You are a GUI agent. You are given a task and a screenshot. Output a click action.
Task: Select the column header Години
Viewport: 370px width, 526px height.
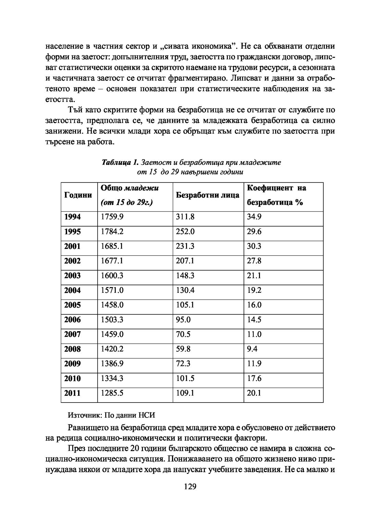pyautogui.click(x=78, y=195)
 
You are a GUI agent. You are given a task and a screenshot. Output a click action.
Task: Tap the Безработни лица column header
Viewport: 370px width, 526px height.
pyautogui.click(x=207, y=195)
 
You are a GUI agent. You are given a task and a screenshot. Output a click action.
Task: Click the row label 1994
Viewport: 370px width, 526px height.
pyautogui.click(x=72, y=217)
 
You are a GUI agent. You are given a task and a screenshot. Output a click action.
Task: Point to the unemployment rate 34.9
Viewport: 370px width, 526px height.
pyautogui.click(x=254, y=217)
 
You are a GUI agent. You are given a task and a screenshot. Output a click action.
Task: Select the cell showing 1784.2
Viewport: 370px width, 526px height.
pyautogui.click(x=112, y=231)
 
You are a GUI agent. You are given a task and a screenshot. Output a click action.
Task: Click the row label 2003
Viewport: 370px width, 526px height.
pyautogui.click(x=72, y=276)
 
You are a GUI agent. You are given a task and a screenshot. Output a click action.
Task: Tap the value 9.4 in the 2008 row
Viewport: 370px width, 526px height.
pyautogui.click(x=252, y=349)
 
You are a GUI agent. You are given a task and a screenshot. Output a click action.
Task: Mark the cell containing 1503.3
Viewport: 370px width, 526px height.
pyautogui.click(x=112, y=320)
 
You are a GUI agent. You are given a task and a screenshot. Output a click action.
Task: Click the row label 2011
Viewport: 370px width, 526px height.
pyautogui.click(x=72, y=393)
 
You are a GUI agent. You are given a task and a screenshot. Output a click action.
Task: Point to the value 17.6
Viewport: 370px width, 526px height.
pyautogui.click(x=254, y=379)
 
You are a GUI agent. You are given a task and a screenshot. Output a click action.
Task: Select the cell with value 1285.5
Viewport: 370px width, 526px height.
pyautogui.click(x=112, y=393)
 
